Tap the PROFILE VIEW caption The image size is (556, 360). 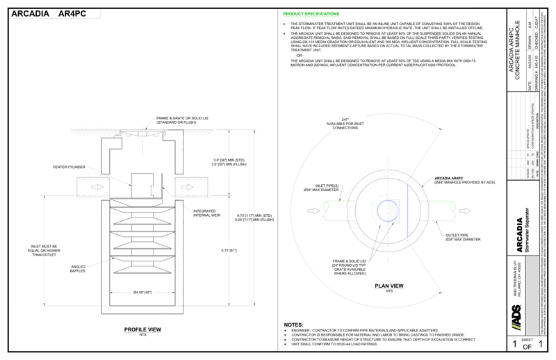pos(142,329)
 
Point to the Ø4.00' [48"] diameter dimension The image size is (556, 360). pos(142,293)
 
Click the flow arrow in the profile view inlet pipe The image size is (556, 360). pos(95,187)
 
